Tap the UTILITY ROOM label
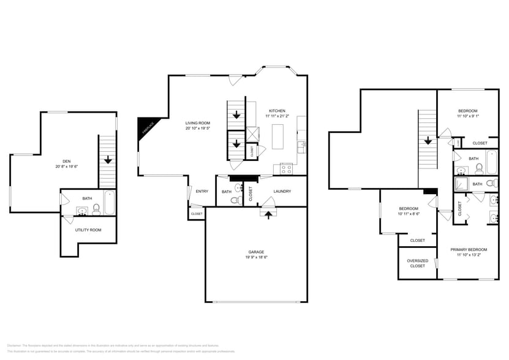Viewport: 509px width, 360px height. (88, 230)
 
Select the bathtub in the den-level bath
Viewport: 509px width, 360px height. (109, 203)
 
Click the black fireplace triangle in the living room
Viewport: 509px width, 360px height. (145, 127)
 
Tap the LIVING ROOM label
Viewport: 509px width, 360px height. (198, 123)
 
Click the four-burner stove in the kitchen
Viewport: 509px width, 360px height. (286, 168)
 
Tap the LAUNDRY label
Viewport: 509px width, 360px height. (282, 191)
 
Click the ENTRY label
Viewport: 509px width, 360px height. (202, 191)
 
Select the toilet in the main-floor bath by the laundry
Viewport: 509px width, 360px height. (235, 200)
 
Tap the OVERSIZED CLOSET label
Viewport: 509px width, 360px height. (417, 263)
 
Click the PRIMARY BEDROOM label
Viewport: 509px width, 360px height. (469, 249)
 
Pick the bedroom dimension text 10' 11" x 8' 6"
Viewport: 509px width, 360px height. (409, 213)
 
